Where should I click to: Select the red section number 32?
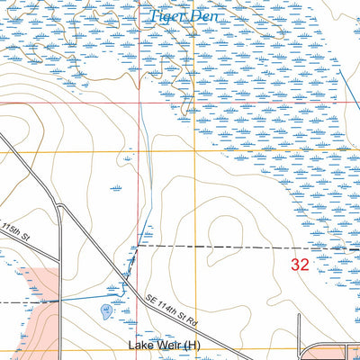301,265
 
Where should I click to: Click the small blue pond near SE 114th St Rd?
106,311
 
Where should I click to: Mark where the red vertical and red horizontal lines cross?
138,103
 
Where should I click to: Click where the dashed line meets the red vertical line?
138,245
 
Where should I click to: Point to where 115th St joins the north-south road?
58,210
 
